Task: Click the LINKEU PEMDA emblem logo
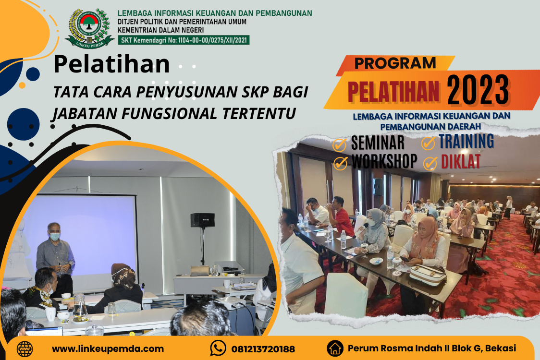[x=89, y=29]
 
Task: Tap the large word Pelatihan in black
[x=111, y=64]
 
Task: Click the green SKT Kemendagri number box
[x=184, y=40]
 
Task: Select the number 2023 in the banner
[x=478, y=90]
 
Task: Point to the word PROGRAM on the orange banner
[x=395, y=63]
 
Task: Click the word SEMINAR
[x=378, y=143]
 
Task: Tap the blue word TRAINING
[x=466, y=141]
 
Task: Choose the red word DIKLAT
[x=460, y=161]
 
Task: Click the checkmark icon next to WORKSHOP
[x=340, y=163]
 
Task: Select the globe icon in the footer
[x=25, y=349]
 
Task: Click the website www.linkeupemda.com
[x=108, y=348]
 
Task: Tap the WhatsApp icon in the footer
[x=218, y=348]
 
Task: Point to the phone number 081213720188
[x=263, y=349]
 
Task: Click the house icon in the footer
[x=335, y=348]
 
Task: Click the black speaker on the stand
[x=203, y=220]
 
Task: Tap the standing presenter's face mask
[x=55, y=237]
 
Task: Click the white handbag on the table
[x=428, y=274]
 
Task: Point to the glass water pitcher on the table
[x=80, y=305]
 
